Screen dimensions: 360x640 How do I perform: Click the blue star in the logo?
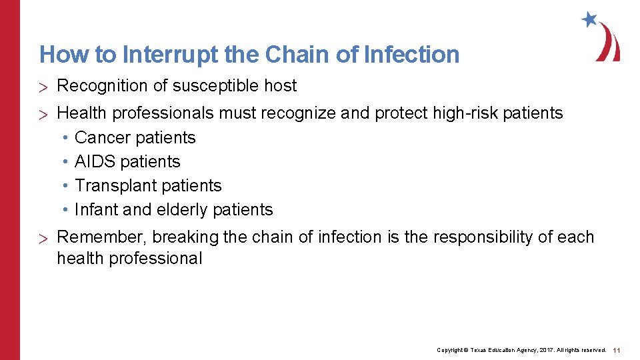[589, 19]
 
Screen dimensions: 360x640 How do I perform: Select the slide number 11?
[617, 350]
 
